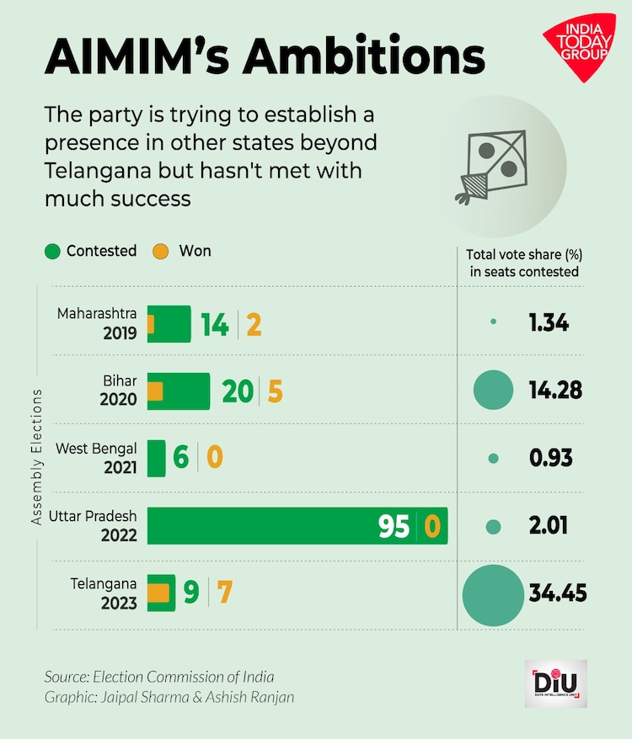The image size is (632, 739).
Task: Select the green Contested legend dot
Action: pos(53,251)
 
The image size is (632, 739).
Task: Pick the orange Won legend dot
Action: pos(161,251)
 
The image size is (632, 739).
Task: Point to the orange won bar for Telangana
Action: pos(159,593)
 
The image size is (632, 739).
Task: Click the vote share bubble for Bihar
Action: pos(494,391)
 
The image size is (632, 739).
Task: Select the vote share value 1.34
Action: pos(549,322)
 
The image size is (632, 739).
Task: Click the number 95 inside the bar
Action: pos(394,527)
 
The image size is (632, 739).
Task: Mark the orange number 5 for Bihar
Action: pos(275,391)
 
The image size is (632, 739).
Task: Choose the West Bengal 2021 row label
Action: pos(96,457)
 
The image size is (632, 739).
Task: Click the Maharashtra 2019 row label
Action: pos(97,323)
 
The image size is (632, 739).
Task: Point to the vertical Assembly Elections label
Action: pos(37,457)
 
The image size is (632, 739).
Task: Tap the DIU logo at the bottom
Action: pos(560,683)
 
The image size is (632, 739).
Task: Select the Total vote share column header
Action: pos(524,263)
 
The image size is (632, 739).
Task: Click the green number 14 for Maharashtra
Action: pos(215,324)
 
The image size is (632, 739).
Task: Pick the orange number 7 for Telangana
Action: pos(225,593)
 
